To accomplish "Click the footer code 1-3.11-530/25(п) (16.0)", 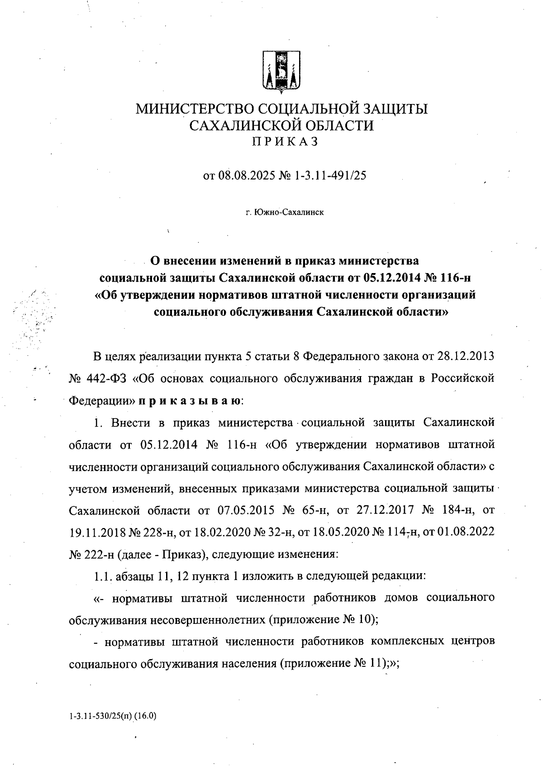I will click(x=113, y=716).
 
